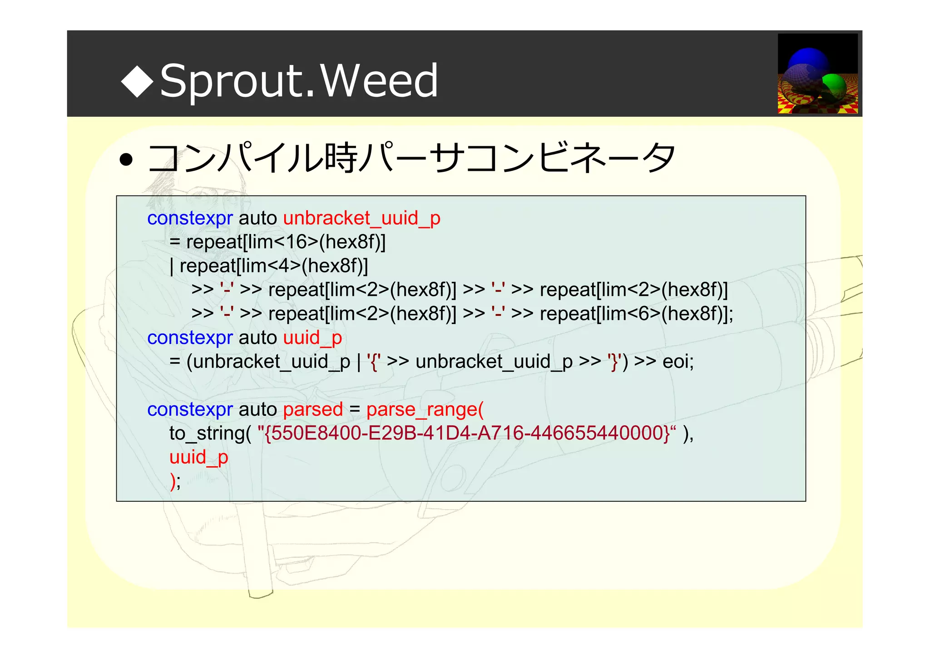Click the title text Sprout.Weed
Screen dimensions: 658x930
[299, 81]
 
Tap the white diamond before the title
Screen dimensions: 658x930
[137, 81]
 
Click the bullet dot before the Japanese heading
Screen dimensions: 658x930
[126, 160]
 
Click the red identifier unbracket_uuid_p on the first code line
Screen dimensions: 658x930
[361, 219]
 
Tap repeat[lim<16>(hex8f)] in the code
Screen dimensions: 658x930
[286, 242]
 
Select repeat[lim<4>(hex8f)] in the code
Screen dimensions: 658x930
[274, 266]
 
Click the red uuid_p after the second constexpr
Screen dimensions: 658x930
[312, 338]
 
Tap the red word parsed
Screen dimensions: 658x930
[313, 410]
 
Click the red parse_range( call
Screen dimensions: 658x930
[425, 410]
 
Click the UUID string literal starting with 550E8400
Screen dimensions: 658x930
[466, 434]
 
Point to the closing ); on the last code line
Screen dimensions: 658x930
[175, 482]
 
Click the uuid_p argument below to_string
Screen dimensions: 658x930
[198, 458]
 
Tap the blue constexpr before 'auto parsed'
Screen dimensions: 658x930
[190, 410]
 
